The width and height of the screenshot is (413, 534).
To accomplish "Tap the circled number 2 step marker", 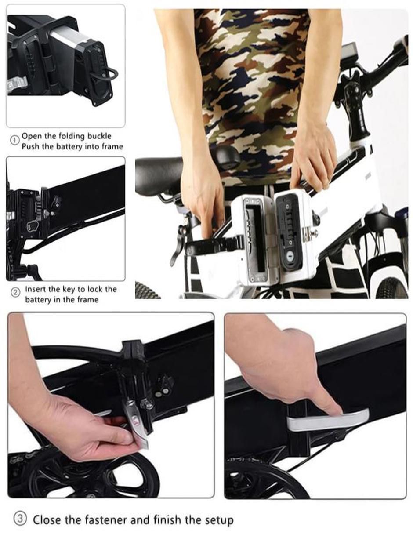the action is click(15, 293).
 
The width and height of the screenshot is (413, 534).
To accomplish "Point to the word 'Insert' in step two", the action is click(35, 289).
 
